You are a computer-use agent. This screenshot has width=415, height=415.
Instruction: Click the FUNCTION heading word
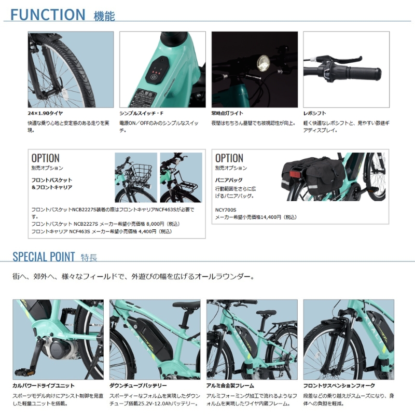[x=47, y=14]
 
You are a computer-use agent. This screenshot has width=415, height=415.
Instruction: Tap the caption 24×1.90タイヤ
[x=46, y=113]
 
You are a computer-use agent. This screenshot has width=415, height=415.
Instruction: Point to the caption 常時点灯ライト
[x=227, y=113]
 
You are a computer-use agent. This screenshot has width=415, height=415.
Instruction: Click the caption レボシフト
[x=315, y=113]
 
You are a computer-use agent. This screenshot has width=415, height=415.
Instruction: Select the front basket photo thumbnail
[x=135, y=177]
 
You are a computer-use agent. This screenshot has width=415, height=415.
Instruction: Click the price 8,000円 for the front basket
[x=152, y=224]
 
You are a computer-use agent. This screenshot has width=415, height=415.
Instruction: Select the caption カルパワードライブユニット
[x=44, y=385]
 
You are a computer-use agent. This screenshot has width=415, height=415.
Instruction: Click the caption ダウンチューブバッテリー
[x=138, y=385]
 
